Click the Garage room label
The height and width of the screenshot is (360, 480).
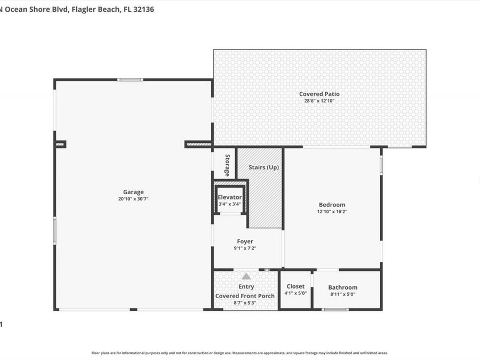133,192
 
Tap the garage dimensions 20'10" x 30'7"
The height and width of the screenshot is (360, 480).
133,199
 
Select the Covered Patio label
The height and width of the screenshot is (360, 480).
319,94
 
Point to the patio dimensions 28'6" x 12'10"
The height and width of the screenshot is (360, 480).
319,101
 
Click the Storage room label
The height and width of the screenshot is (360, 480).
227,165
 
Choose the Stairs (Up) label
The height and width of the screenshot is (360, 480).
263,167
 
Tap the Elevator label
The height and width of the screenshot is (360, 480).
229,197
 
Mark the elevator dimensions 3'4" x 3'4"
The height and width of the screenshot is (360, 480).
229,204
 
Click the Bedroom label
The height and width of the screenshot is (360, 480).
332,205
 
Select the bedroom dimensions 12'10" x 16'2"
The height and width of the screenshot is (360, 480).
332,212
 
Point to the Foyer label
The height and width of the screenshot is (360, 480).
245,242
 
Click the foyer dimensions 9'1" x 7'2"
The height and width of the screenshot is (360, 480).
245,248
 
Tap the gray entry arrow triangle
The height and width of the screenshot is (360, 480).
246,277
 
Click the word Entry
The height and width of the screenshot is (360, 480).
246,287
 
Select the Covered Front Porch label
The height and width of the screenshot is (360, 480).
245,296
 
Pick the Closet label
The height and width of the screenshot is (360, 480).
295,286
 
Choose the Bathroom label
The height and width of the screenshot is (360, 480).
343,287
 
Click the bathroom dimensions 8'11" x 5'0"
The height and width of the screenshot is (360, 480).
343,294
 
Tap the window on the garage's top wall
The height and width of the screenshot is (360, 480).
130,80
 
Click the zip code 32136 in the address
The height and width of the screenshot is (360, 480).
143,9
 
